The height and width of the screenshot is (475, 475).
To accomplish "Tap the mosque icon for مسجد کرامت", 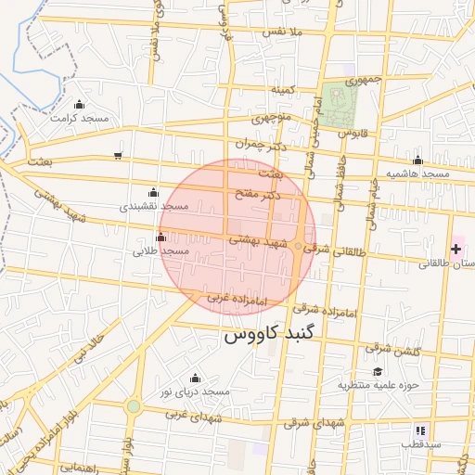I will click(79, 104).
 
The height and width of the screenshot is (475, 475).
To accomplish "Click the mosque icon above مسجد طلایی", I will click(161, 237).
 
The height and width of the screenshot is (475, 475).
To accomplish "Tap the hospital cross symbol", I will click(456, 249).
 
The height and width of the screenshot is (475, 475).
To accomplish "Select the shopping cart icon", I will click(117, 155).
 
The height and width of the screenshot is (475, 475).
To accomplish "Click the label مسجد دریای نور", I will click(194, 392).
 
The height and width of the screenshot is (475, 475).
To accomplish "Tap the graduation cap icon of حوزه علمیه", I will click(377, 370).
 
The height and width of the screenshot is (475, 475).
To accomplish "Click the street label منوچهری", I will click(272, 118).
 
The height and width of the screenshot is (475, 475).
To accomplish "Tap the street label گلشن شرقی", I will click(393, 350).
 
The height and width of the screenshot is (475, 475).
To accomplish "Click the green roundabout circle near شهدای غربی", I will click(134, 406).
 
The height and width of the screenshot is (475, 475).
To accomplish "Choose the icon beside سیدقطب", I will click(420, 430).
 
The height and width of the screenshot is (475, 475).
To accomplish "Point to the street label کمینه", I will click(282, 89).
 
